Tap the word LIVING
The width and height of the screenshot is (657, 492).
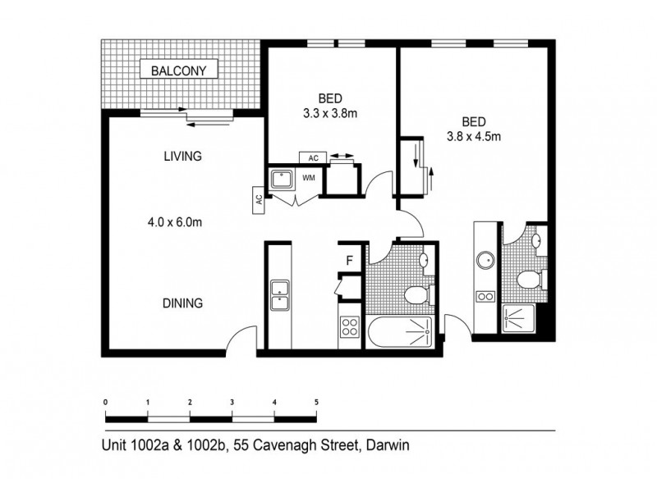point(182,157)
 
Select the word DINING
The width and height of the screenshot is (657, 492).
point(182,303)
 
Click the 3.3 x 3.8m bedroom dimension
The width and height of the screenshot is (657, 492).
point(330,114)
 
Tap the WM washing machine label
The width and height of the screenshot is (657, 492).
point(309,177)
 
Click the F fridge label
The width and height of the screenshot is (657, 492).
point(349,262)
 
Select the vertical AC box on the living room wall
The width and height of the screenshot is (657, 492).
point(259,198)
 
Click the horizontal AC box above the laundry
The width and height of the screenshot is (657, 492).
point(313,157)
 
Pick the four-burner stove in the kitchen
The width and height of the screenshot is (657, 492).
point(350,328)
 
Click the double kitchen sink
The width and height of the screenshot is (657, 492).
point(280,295)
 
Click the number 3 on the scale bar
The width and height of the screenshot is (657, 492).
point(232,403)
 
